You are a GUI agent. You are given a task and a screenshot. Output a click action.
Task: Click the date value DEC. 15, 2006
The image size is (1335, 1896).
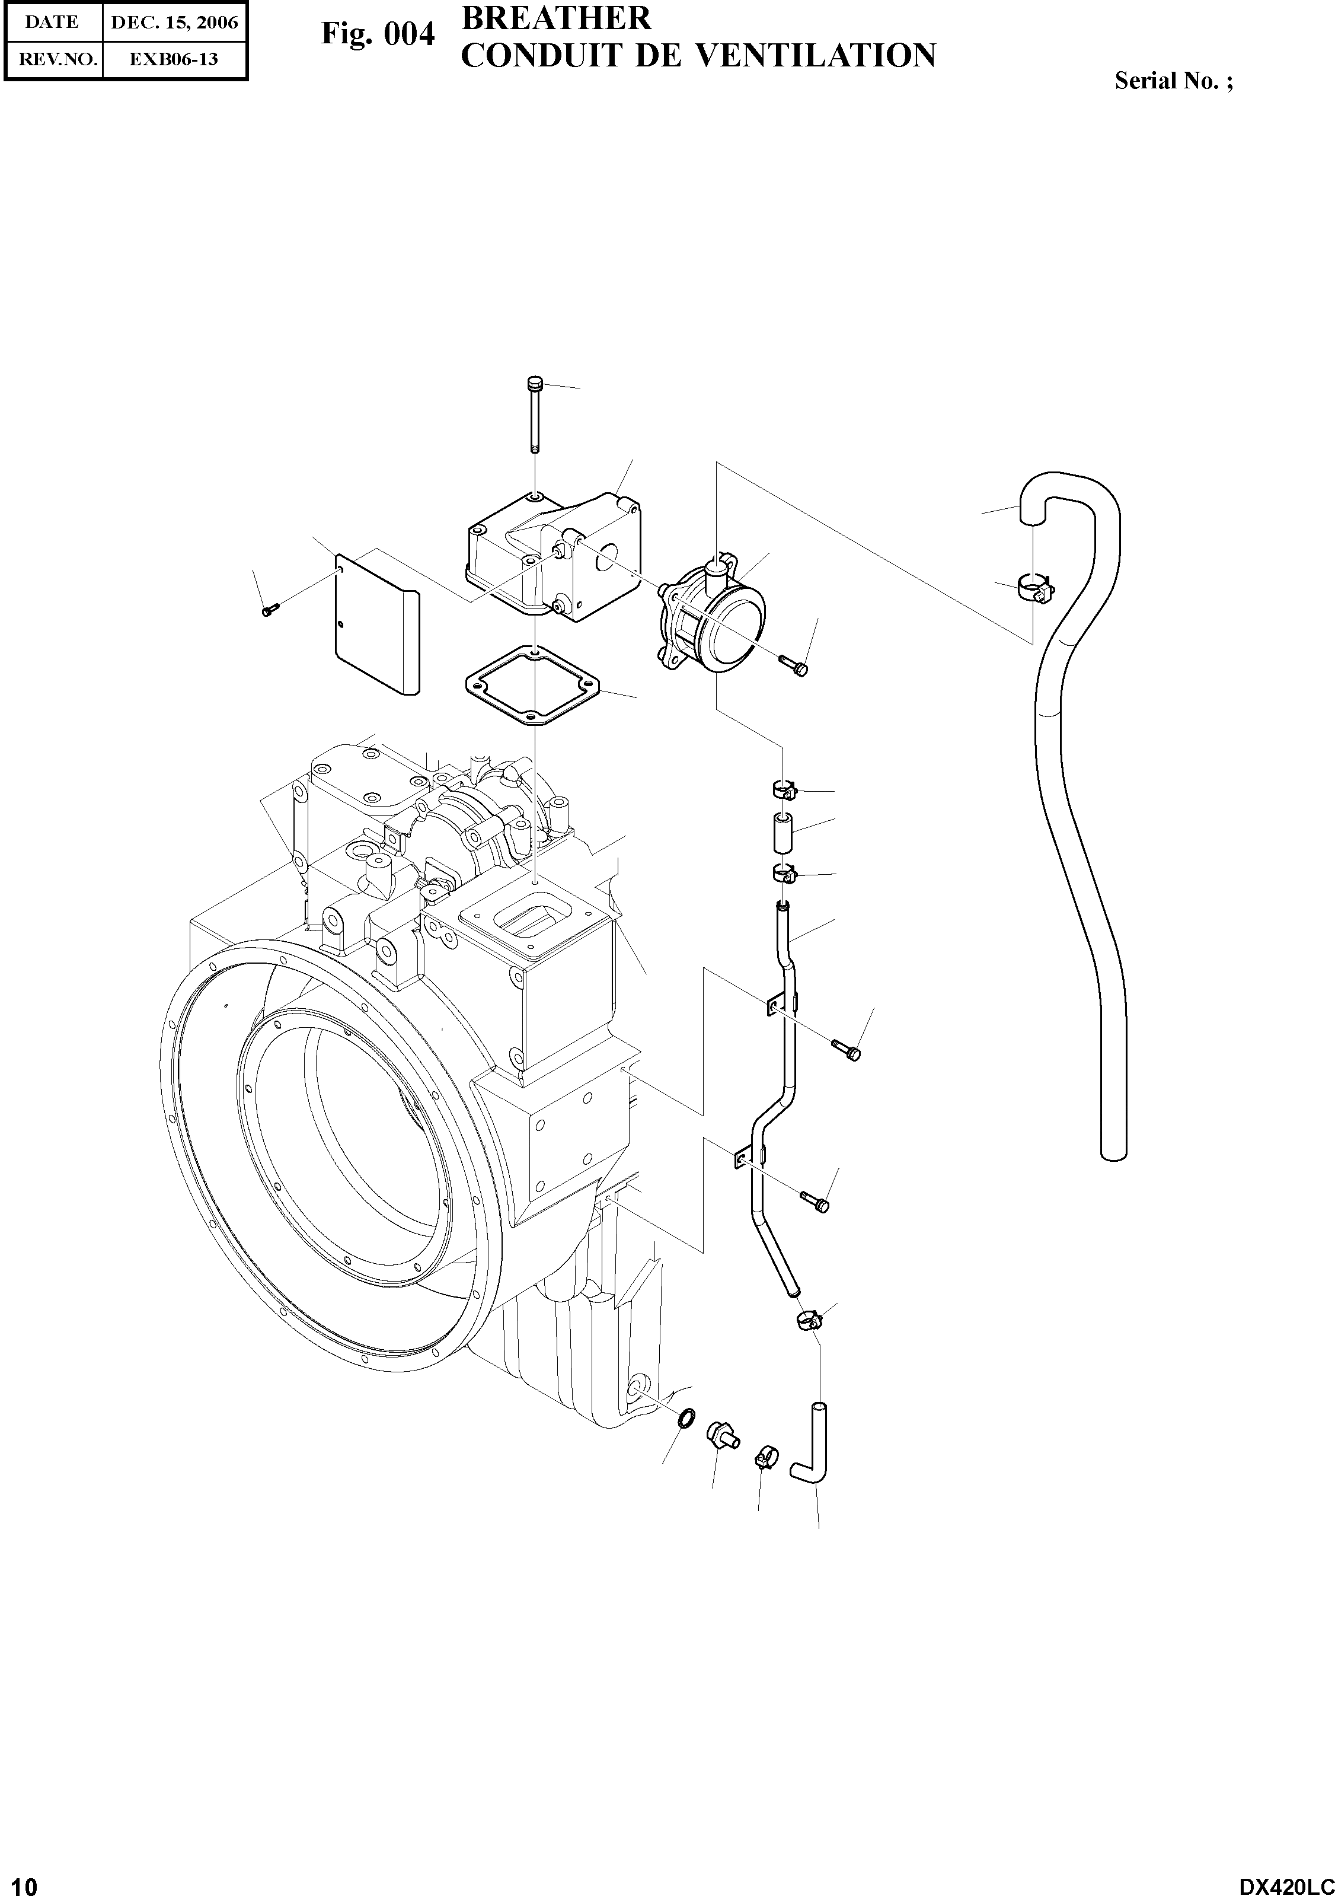point(174,23)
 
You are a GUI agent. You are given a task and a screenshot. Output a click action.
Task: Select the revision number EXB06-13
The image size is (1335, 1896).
point(174,59)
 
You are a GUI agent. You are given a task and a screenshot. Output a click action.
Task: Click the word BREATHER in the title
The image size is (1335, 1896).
point(555,18)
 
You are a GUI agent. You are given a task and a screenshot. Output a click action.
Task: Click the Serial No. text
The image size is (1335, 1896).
point(1173,81)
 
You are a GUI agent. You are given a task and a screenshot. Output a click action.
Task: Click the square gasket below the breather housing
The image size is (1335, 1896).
point(535,686)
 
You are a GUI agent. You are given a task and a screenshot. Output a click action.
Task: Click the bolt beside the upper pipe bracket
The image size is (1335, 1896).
point(845,1048)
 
